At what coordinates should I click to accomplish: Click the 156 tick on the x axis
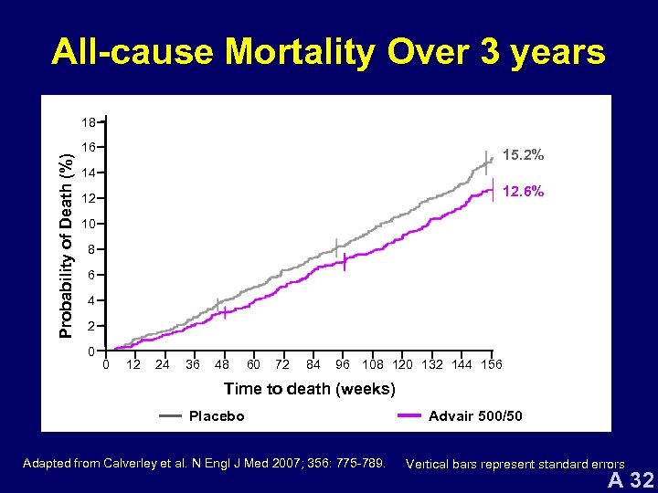pyautogui.click(x=491, y=365)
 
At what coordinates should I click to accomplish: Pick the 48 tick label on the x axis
pyautogui.click(x=220, y=365)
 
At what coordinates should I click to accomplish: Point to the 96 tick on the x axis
pyautogui.click(x=342, y=365)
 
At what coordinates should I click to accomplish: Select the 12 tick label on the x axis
pyautogui.click(x=133, y=365)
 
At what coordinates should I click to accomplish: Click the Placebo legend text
pyautogui.click(x=217, y=416)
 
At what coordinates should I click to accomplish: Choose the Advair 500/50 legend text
pyautogui.click(x=475, y=416)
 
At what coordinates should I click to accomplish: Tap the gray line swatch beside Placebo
pyautogui.click(x=170, y=416)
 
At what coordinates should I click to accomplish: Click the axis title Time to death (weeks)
pyautogui.click(x=310, y=389)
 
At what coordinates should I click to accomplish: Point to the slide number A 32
pyautogui.click(x=631, y=480)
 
